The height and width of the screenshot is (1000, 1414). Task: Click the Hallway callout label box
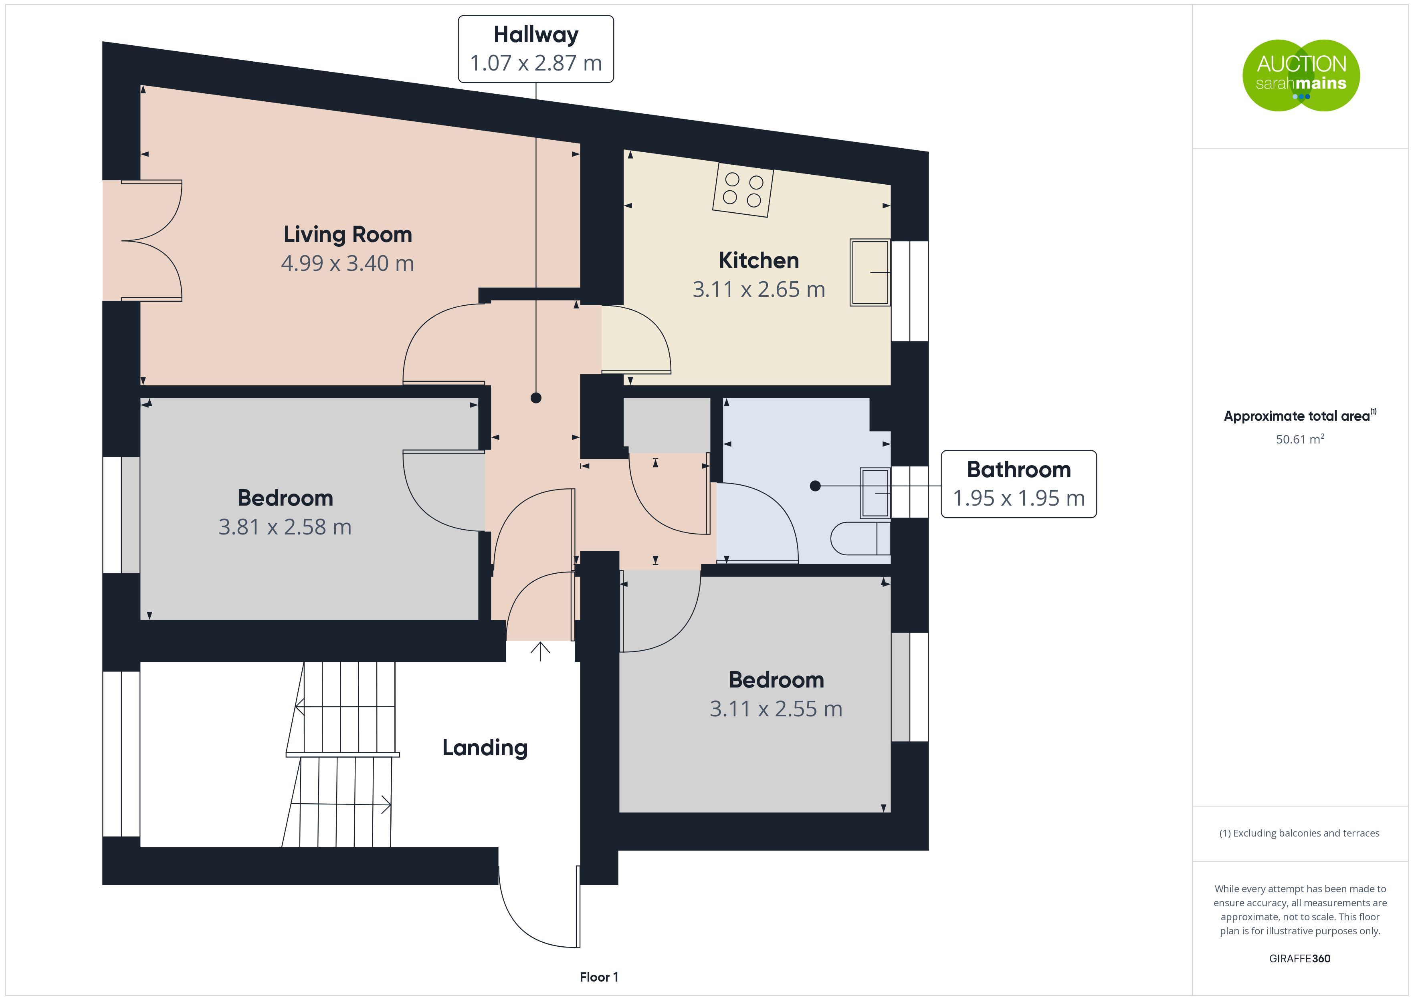pyautogui.click(x=536, y=48)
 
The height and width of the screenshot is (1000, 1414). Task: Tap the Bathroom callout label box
pyautogui.click(x=1019, y=484)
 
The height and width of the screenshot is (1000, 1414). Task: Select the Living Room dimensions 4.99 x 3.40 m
pyautogui.click(x=347, y=264)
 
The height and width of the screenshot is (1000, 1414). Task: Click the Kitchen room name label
pyautogui.click(x=759, y=260)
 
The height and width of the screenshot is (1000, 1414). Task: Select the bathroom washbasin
pyautogui.click(x=875, y=493)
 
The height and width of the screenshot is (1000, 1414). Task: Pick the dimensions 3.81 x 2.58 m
pyautogui.click(x=285, y=527)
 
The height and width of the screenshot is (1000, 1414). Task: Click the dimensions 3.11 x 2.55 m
pyautogui.click(x=776, y=709)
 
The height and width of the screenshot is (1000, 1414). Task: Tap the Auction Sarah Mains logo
pyautogui.click(x=1301, y=75)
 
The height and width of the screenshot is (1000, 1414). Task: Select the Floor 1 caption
pyautogui.click(x=599, y=977)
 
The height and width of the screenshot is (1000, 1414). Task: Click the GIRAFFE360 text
pyautogui.click(x=1299, y=959)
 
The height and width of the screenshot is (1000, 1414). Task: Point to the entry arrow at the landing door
pyautogui.click(x=540, y=651)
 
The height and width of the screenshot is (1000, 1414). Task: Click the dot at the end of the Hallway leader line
pyautogui.click(x=536, y=398)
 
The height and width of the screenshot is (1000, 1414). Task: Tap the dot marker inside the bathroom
pyautogui.click(x=815, y=486)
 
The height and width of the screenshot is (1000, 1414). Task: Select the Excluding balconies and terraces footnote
pyautogui.click(x=1299, y=833)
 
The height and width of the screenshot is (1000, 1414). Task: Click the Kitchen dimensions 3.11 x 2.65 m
pyautogui.click(x=759, y=289)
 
